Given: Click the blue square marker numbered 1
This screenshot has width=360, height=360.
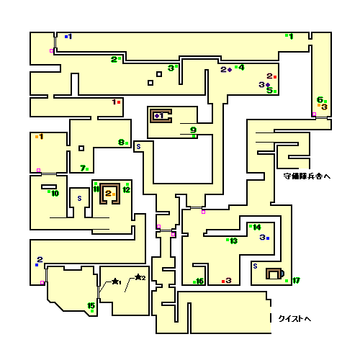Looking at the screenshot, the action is point(66,37).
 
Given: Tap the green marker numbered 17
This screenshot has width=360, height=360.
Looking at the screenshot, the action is point(287,281).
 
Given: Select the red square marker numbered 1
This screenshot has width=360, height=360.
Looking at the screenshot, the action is point(119,102).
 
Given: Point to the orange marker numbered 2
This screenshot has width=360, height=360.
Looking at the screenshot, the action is point(114,194).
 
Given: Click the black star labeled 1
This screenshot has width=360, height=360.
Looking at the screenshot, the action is point(115,281).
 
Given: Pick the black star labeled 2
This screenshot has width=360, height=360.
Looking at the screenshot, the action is point(138,277).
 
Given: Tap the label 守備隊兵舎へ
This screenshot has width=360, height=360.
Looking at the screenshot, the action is point(307,176).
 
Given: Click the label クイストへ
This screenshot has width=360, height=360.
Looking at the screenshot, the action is point(294,319).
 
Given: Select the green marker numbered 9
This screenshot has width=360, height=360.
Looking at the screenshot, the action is point(194,136).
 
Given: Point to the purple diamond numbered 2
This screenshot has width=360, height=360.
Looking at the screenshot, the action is point(230,70).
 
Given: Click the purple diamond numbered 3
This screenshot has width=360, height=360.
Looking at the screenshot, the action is point(268,85).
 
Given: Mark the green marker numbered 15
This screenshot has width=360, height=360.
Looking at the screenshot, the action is point(92,311).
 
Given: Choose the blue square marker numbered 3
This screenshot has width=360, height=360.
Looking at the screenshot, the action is point(268,238).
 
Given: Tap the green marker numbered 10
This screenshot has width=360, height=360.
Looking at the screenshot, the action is point(49,192).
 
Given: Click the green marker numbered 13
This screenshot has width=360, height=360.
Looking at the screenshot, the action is point(228,240).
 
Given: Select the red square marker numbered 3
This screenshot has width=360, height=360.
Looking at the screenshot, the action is point(223,282).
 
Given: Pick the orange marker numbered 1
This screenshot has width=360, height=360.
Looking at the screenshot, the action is point(37,137).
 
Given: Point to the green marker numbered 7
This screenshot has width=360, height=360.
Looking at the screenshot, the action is point(87,169).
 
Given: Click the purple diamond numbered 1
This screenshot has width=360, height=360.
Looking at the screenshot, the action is point(157,116).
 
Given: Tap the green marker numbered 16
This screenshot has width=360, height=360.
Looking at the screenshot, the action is point(194,282).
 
